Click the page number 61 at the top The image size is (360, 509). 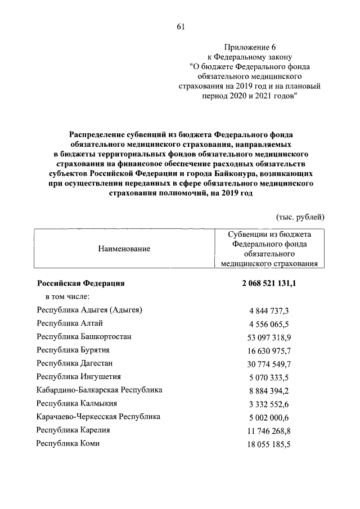pos(180,26)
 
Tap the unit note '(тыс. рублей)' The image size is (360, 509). pos(300,217)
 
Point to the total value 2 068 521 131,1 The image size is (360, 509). pos(269,284)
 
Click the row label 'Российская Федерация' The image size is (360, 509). pos(80,284)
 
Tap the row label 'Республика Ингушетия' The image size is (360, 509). pos(79,377)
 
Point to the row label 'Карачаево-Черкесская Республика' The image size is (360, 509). pos(98,417)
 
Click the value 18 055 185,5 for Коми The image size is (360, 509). pos(269,444)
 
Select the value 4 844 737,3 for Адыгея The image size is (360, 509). pos(269,310)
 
